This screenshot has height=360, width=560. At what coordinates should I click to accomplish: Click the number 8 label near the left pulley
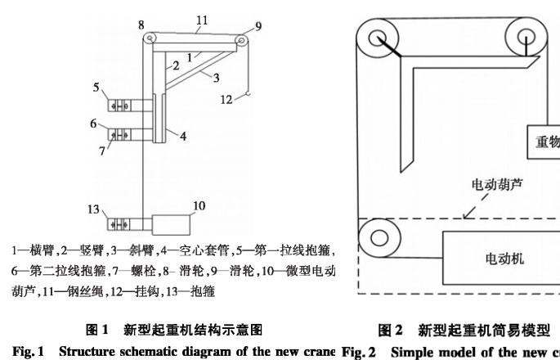[141, 25]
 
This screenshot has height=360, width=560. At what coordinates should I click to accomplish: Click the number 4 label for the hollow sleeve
[183, 137]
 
